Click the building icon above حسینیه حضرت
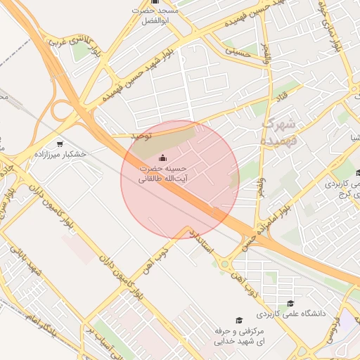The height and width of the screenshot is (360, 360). pyautogui.click(x=163, y=158)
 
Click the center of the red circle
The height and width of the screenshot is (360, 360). pyautogui.click(x=180, y=179)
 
